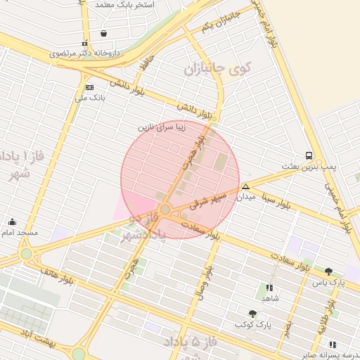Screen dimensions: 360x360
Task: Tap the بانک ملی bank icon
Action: pyautogui.click(x=89, y=87)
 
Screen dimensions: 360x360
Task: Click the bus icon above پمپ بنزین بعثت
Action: pyautogui.click(x=309, y=155)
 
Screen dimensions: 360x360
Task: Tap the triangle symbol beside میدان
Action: pyautogui.click(x=245, y=186)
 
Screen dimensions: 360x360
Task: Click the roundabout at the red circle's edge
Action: pyautogui.click(x=165, y=210)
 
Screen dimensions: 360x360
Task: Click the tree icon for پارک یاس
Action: pyautogui.click(x=328, y=271)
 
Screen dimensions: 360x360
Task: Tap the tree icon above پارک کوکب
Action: pyautogui.click(x=252, y=314)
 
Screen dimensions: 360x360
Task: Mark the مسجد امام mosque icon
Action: pyautogui.click(x=12, y=221)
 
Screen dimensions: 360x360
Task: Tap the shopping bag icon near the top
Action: pyautogui.click(x=104, y=33)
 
